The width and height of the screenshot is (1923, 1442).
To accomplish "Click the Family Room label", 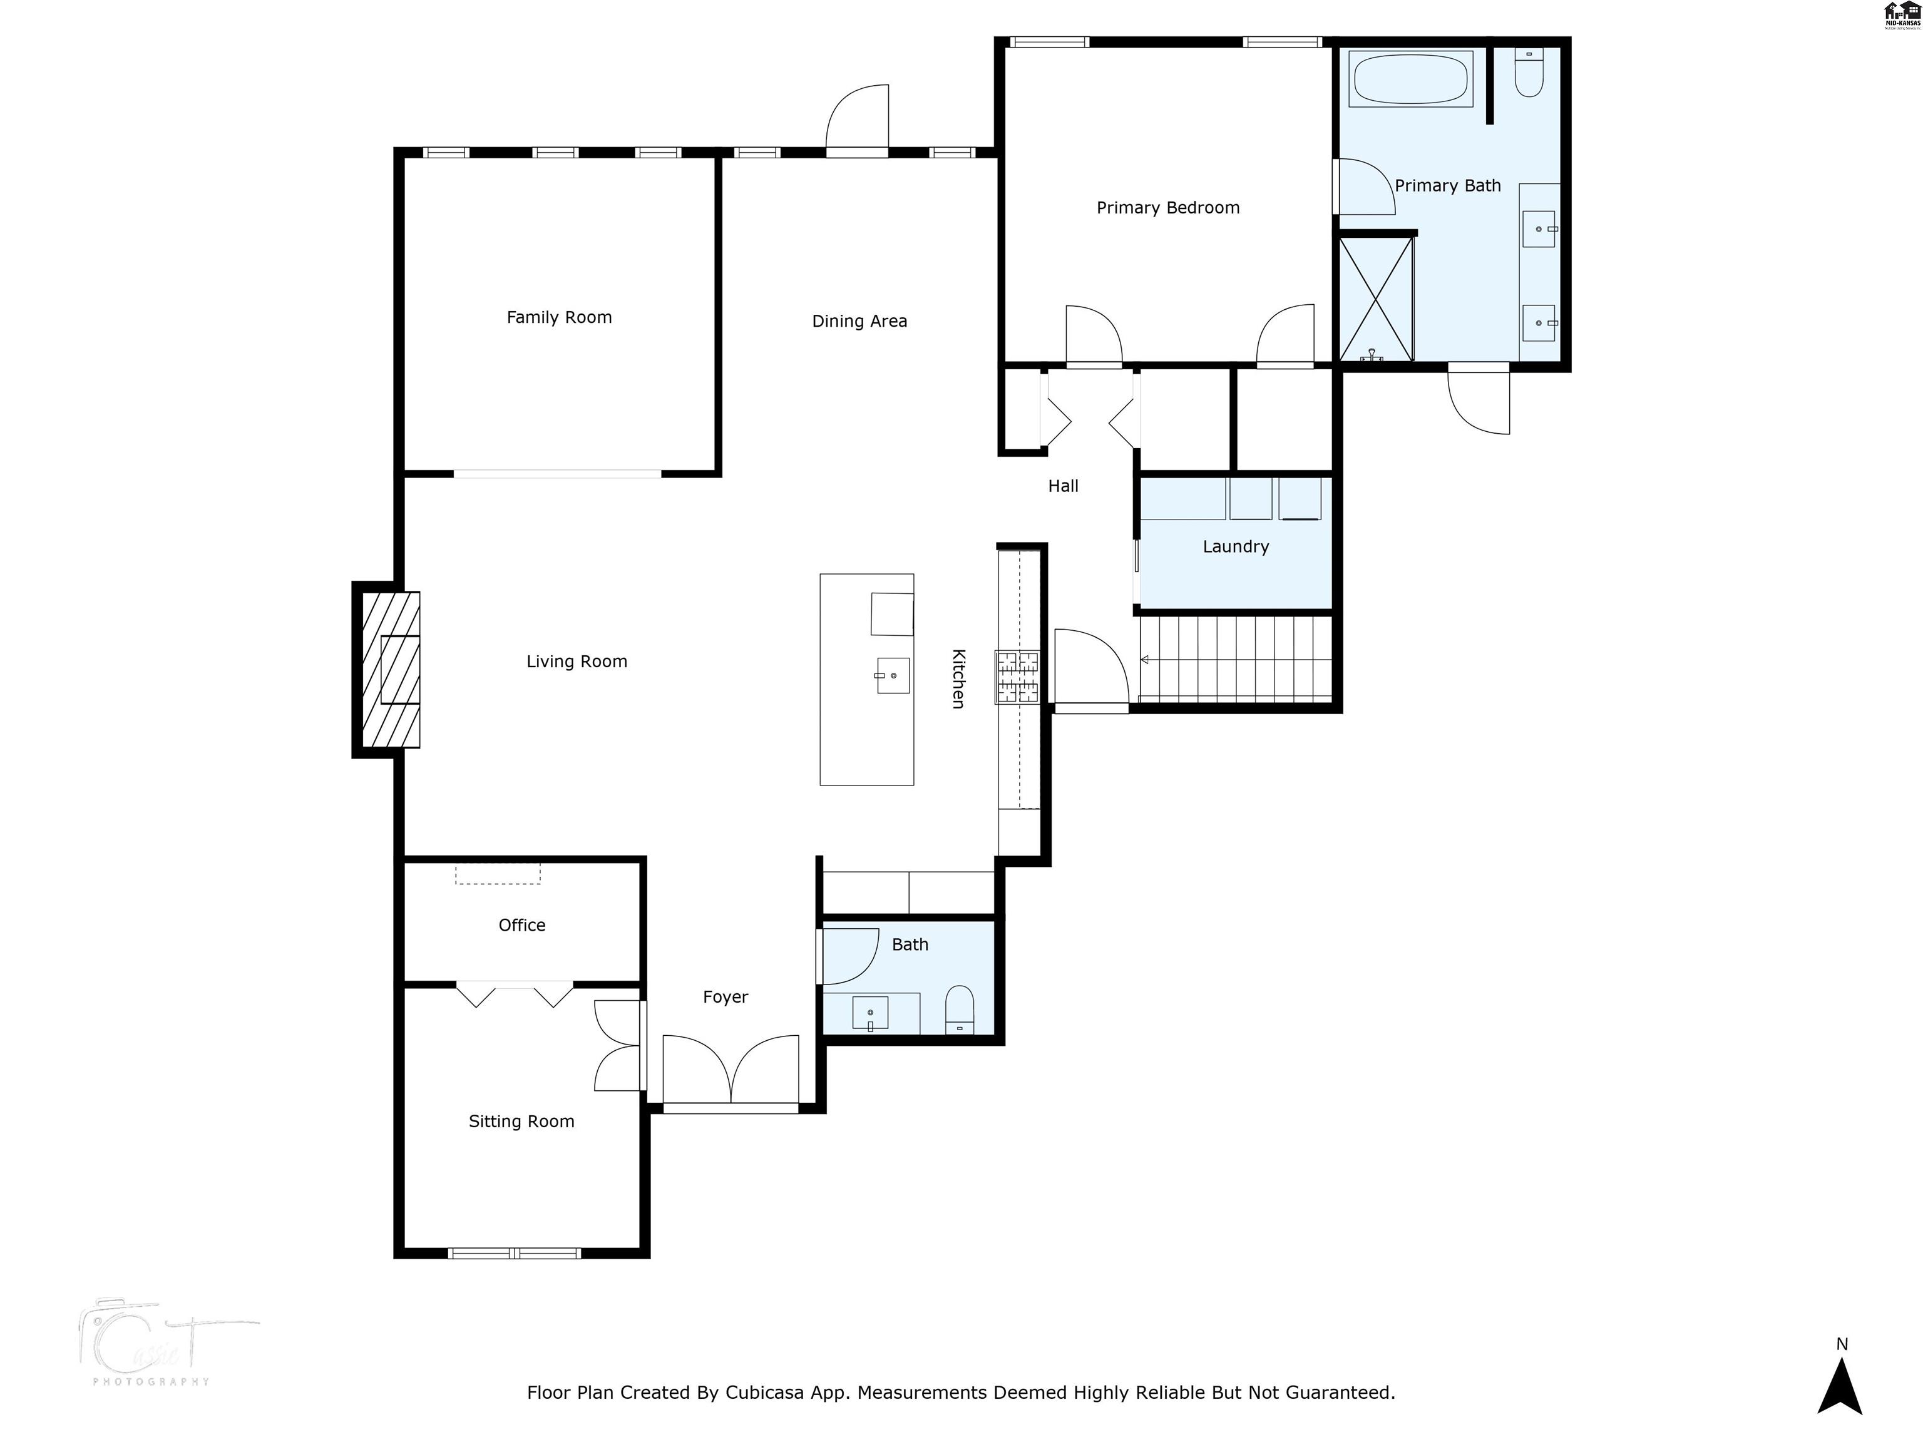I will [x=559, y=317].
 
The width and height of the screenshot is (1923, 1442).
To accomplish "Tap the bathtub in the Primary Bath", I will [x=1410, y=79].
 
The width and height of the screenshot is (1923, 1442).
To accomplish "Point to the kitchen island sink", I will [x=893, y=675].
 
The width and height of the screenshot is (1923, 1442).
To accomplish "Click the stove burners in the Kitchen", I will [x=1017, y=677].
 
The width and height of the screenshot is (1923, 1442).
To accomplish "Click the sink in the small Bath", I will [x=870, y=1013].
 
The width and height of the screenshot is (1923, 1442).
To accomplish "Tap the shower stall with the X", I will [x=1376, y=299].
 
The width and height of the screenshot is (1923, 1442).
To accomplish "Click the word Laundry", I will [x=1235, y=547].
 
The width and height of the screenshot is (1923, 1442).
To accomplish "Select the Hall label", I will [x=1062, y=486].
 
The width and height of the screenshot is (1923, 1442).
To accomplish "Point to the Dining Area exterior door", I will [x=857, y=121].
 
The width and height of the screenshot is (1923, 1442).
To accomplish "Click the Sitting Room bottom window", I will [x=514, y=1252].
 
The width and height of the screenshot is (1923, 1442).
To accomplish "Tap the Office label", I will [x=521, y=925].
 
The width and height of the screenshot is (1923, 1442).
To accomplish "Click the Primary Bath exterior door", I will [x=1478, y=400].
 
